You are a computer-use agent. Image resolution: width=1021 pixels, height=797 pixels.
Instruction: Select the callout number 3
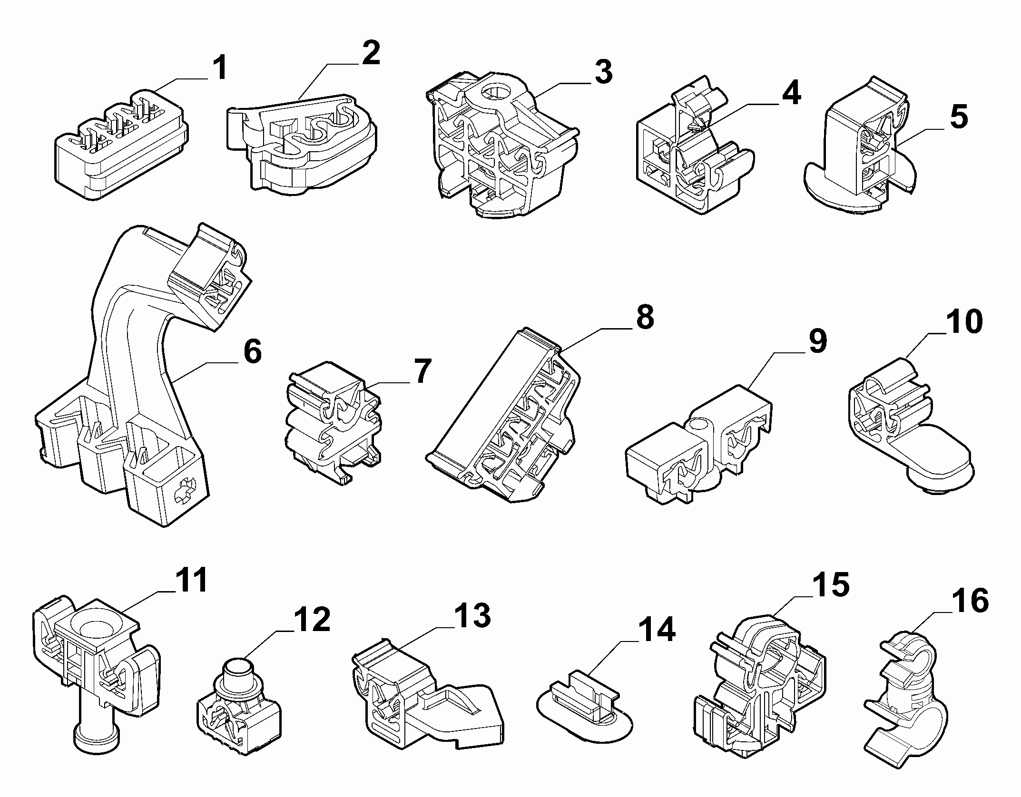point(603,72)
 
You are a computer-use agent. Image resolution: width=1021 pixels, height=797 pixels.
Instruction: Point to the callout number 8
point(644,317)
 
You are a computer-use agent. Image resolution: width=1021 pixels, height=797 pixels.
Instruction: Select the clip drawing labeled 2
point(302,145)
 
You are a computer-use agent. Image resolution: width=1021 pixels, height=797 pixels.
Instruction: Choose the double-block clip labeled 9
point(700,445)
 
